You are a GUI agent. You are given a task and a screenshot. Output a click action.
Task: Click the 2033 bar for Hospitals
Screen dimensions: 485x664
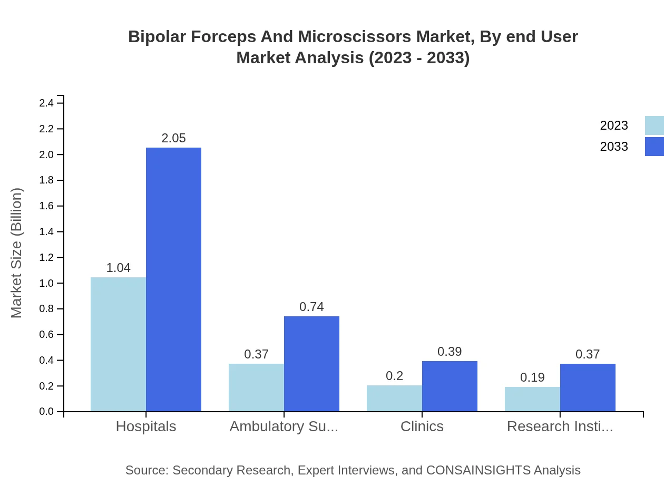[x=173, y=279]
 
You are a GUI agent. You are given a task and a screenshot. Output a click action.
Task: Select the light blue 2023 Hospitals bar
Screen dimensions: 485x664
[x=118, y=344]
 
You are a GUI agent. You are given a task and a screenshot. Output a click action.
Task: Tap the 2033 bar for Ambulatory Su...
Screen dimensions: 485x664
[x=311, y=364]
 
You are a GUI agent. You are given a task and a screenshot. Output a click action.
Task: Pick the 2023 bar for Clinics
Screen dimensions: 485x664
[x=394, y=399]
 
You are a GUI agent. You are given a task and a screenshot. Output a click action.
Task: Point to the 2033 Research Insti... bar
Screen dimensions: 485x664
[x=588, y=387]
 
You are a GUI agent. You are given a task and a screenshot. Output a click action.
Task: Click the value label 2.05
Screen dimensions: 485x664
[x=173, y=138]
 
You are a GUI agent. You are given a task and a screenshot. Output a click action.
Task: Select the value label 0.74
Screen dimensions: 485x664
[x=311, y=307]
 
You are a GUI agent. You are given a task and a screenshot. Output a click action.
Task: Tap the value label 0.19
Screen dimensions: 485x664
[x=532, y=377]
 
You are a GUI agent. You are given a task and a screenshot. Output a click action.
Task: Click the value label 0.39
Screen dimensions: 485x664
[x=450, y=352]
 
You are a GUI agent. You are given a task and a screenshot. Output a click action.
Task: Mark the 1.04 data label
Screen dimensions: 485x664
[x=118, y=268]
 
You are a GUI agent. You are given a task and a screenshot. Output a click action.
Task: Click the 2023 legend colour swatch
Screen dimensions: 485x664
[x=654, y=125]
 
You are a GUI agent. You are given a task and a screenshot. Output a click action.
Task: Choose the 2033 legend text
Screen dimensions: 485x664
[x=614, y=147]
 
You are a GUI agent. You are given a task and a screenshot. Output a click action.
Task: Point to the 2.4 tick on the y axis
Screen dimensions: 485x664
[x=46, y=103]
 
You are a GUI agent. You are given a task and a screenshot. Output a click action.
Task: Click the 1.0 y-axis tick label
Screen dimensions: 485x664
[x=46, y=284]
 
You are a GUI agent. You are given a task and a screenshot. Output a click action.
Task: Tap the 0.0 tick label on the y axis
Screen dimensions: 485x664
[x=46, y=412]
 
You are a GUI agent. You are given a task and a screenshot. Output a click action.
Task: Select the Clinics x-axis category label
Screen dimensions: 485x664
[x=422, y=426]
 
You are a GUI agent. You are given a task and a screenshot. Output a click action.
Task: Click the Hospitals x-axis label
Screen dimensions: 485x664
[x=146, y=426]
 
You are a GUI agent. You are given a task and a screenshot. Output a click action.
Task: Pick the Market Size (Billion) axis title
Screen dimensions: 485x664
[x=17, y=253]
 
